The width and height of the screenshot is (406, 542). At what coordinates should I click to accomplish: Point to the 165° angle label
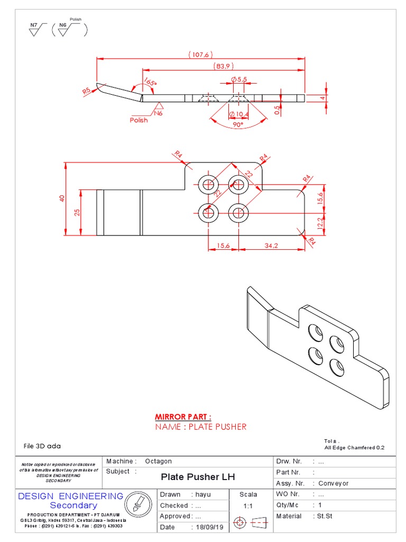pyautogui.click(x=150, y=83)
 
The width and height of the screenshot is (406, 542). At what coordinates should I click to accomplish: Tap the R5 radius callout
pyautogui.click(x=87, y=91)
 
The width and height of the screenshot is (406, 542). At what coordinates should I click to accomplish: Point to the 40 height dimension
pyautogui.click(x=61, y=199)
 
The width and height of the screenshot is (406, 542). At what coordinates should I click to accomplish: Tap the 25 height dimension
pyautogui.click(x=77, y=212)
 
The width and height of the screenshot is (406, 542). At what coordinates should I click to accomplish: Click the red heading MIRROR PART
pyautogui.click(x=183, y=417)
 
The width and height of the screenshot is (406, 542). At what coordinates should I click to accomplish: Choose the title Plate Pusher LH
pyautogui.click(x=198, y=477)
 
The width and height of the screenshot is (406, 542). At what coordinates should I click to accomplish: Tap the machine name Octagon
pyautogui.click(x=158, y=462)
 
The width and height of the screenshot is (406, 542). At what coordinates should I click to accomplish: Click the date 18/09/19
pyautogui.click(x=207, y=527)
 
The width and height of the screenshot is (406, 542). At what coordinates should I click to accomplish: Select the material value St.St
pyautogui.click(x=324, y=516)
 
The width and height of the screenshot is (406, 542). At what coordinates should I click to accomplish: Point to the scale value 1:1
pyautogui.click(x=247, y=506)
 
